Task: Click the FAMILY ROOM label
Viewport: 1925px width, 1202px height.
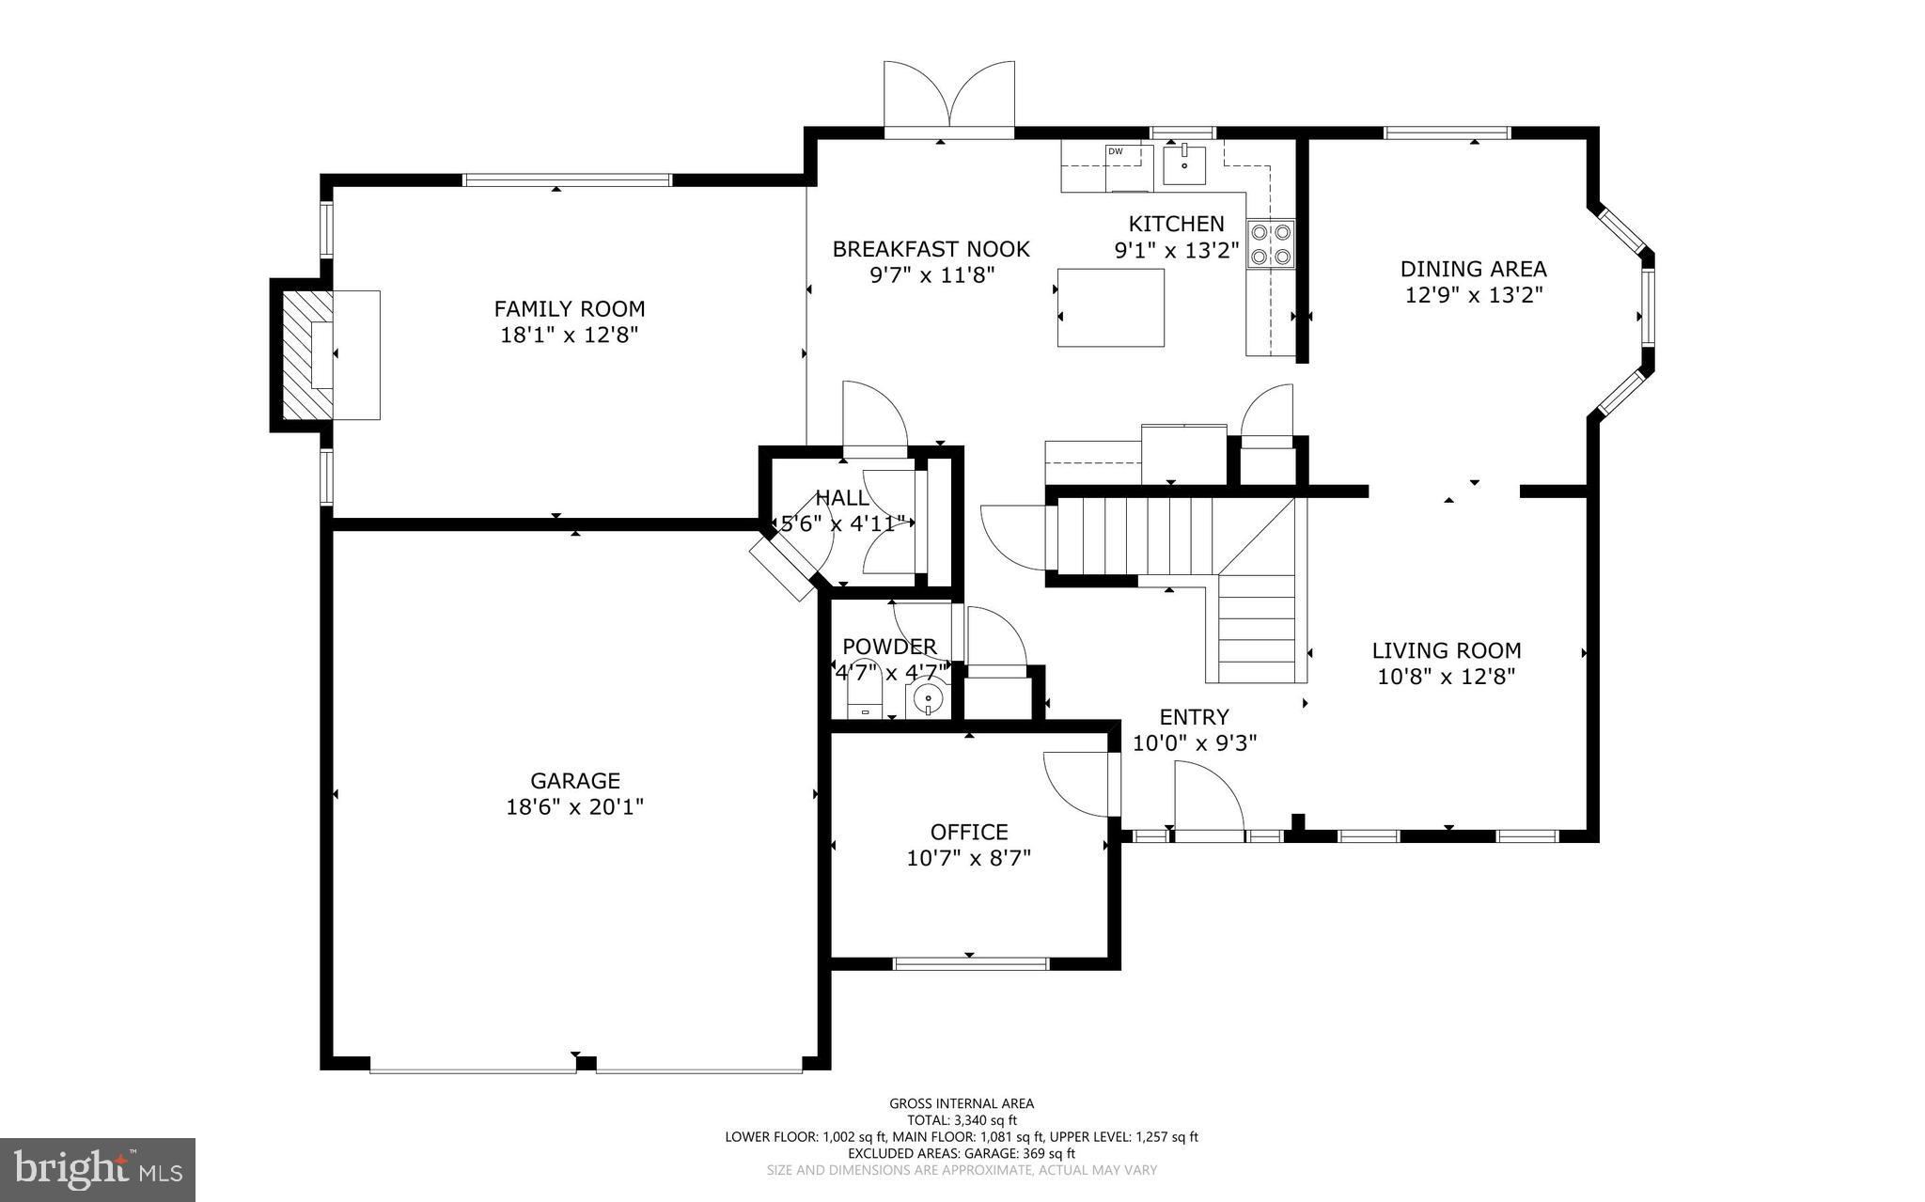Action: pyautogui.click(x=570, y=308)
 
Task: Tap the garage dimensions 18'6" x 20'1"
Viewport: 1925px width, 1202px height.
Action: pyautogui.click(x=575, y=806)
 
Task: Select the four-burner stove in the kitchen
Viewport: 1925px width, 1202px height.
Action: pyautogui.click(x=1270, y=244)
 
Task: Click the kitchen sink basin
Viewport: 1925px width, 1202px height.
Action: pyautogui.click(x=1185, y=164)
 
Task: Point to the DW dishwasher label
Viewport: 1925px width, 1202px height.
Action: pyautogui.click(x=1116, y=151)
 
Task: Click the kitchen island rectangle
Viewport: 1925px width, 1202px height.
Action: pyautogui.click(x=1111, y=307)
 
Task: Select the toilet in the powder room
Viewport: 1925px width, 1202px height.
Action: pyautogui.click(x=865, y=700)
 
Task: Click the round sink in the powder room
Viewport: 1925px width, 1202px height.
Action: pyautogui.click(x=928, y=700)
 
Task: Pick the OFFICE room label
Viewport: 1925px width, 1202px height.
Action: pyautogui.click(x=969, y=832)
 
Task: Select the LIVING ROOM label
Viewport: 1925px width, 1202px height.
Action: pyautogui.click(x=1447, y=650)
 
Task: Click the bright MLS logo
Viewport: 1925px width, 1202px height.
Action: pyautogui.click(x=98, y=1169)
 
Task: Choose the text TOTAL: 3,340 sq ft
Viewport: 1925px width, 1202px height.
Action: pyautogui.click(x=962, y=1120)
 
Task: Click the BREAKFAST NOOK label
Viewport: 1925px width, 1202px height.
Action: pyautogui.click(x=931, y=249)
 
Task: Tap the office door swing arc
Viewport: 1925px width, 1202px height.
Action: pyautogui.click(x=1078, y=785)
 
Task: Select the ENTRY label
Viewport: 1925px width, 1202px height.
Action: pyautogui.click(x=1194, y=717)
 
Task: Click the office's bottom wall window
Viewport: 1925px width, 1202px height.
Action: pyautogui.click(x=970, y=963)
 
